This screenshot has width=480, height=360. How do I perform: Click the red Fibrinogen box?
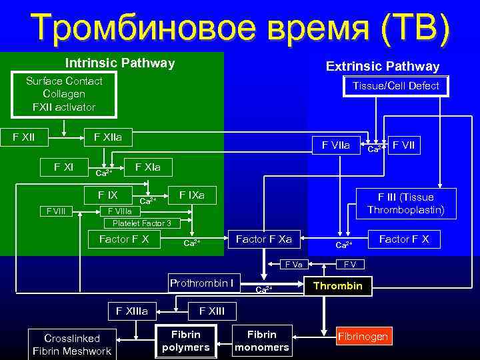[362, 336]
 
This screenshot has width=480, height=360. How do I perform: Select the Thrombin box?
[337, 286]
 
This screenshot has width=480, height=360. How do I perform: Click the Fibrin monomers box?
[262, 340]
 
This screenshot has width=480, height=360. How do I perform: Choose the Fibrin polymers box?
[185, 340]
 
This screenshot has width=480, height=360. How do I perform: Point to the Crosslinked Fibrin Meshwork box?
[71, 345]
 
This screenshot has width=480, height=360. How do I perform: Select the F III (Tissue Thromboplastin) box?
[405, 203]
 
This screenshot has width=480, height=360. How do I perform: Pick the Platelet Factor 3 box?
[141, 223]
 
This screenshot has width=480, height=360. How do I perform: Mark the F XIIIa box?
[132, 310]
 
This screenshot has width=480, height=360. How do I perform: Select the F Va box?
[293, 264]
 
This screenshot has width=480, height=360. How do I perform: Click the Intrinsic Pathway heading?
[120, 63]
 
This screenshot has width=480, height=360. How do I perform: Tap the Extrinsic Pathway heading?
[382, 66]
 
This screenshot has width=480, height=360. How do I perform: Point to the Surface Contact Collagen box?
[64, 94]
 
